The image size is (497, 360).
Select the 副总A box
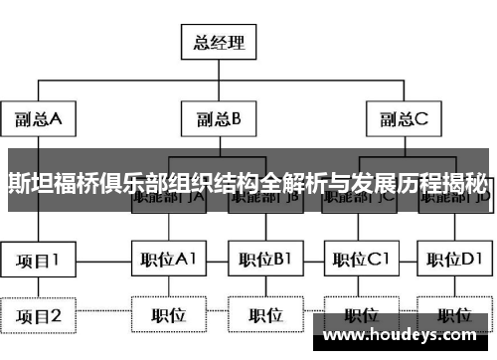[39, 120]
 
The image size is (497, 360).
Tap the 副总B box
[219, 120]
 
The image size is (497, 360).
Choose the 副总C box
[403, 120]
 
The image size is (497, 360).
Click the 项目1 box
[39, 261]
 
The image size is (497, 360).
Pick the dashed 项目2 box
[39, 316]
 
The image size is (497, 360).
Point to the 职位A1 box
[168, 261]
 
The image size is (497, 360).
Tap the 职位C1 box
[360, 261]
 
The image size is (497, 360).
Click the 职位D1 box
[455, 261]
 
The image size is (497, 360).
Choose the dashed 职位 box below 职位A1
[168, 316]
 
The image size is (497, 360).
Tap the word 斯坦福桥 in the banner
[45, 182]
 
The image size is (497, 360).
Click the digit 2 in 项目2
[57, 316]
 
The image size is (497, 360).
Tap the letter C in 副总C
[421, 120]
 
